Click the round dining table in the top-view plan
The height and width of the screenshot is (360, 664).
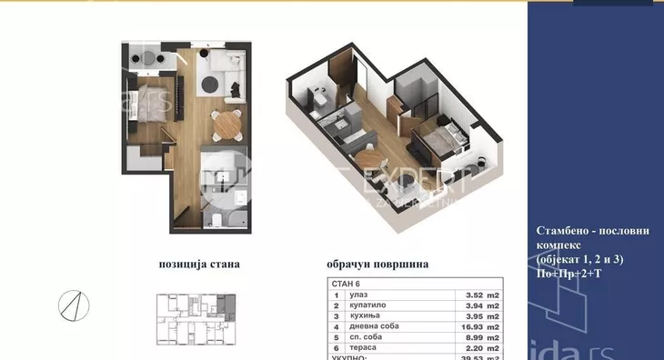[222, 120]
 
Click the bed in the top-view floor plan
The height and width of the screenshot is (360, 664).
[146, 97]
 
